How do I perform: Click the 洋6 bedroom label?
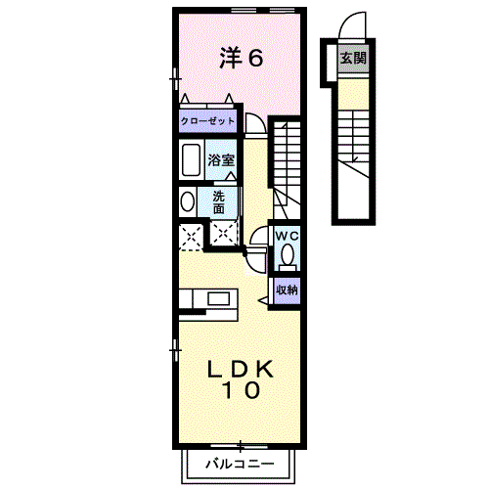241,58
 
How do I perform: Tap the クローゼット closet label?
206,122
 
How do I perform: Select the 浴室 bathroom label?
220,159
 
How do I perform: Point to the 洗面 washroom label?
220,201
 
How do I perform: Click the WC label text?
286,236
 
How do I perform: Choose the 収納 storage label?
286,289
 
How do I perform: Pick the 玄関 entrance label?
352,58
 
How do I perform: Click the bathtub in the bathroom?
191,159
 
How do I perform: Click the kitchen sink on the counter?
216,297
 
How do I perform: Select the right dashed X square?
225,234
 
